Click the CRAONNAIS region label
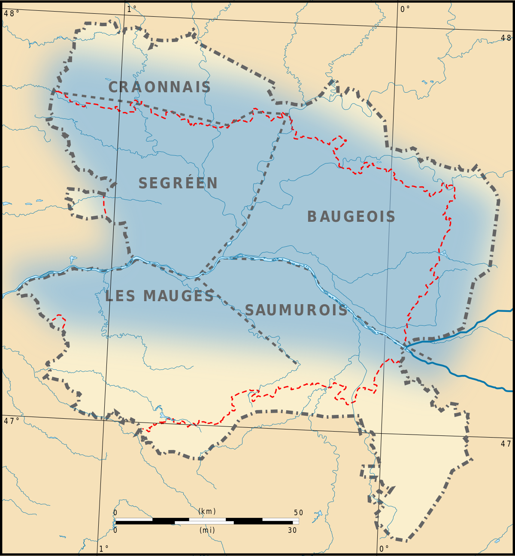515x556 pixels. [159, 87]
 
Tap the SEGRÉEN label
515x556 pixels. [178, 183]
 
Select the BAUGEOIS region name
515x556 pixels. [351, 217]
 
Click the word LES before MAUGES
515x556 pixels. [121, 296]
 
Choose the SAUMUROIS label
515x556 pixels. [296, 310]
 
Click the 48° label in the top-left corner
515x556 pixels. [12, 13]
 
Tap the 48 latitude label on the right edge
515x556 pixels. [506, 38]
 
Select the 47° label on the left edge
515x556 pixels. [12, 421]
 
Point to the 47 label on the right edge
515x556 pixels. [506, 444]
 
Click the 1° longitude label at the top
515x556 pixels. [132, 9]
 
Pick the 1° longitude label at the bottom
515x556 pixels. [104, 549]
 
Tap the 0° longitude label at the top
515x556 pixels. [405, 9]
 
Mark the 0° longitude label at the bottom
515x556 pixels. [384, 549]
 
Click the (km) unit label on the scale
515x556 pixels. [207, 511]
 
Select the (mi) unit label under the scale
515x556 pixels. [207, 530]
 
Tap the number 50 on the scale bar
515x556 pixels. [299, 513]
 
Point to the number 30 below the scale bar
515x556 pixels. [292, 530]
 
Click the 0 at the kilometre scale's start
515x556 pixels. [115, 513]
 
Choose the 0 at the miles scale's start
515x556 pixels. [115, 530]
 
